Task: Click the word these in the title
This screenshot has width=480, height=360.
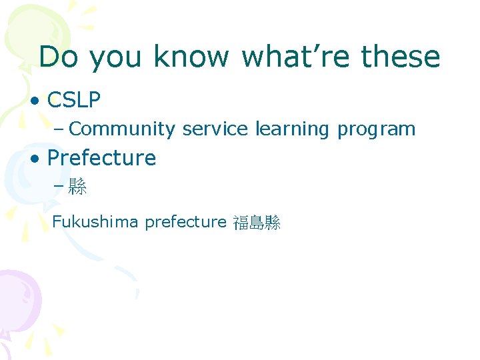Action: coord(400,57)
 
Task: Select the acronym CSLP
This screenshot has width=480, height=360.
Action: coord(74,101)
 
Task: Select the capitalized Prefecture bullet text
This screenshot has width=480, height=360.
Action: coord(101,158)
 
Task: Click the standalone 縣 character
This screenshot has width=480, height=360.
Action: coord(78,187)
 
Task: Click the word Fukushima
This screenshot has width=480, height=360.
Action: coord(96,221)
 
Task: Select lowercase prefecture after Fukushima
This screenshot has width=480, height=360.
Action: coord(185,222)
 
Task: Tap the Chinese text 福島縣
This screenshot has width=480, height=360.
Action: coord(257,223)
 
